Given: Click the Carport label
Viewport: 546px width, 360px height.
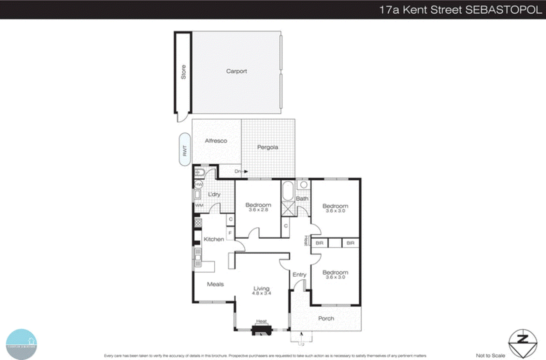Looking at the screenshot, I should click(236, 71).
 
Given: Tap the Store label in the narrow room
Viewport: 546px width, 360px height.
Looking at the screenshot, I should click(183, 72).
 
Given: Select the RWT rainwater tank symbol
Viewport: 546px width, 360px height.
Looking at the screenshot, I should click(185, 150).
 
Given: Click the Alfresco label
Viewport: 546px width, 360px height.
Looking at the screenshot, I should click(216, 141).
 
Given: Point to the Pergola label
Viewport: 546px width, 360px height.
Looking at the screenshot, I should click(268, 147).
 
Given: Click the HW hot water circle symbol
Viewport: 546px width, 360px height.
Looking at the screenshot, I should click(199, 184).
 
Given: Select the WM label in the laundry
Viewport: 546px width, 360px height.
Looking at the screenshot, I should click(199, 205).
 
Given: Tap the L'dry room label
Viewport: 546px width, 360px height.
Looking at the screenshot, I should click(214, 194).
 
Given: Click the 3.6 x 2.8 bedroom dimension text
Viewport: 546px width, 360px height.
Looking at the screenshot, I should click(258, 210).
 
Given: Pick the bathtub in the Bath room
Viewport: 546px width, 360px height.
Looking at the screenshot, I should click(288, 191).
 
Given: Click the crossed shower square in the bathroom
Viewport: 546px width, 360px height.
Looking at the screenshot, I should click(288, 208).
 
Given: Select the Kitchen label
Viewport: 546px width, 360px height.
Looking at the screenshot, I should click(214, 239).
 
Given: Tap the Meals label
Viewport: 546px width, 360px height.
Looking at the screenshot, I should click(215, 284).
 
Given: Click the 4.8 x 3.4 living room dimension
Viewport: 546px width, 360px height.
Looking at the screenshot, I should click(261, 293).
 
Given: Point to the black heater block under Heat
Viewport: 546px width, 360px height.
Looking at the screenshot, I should click(262, 330).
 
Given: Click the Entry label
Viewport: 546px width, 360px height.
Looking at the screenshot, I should click(299, 275).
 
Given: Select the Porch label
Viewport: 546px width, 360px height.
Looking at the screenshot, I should click(326, 318).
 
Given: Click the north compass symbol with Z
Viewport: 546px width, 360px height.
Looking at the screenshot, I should click(522, 343).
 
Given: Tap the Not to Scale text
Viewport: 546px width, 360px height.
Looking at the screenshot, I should click(490, 356).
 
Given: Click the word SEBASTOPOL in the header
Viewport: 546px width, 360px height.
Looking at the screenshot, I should click(503, 10).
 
